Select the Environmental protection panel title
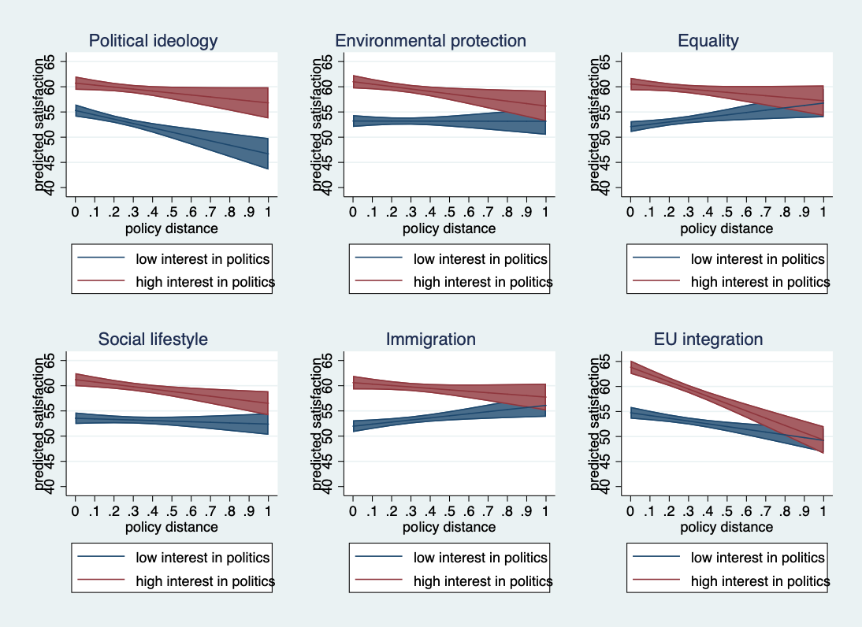tap(430, 41)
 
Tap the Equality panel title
tap(708, 41)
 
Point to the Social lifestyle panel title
tap(153, 339)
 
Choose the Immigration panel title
tap(430, 339)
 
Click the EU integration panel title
tap(708, 339)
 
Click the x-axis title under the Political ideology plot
tap(172, 228)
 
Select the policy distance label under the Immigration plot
tap(449, 527)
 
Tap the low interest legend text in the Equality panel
tap(757, 258)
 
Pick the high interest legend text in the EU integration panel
tap(760, 581)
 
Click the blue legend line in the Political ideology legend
tap(101, 258)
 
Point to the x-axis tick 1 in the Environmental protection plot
tap(545, 212)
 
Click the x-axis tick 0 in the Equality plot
tap(630, 212)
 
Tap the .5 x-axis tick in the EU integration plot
tap(726, 510)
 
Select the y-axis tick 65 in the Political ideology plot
tap(50, 61)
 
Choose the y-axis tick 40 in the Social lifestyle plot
tap(50, 486)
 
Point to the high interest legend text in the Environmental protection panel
tap(482, 282)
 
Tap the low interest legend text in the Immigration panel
tap(480, 558)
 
